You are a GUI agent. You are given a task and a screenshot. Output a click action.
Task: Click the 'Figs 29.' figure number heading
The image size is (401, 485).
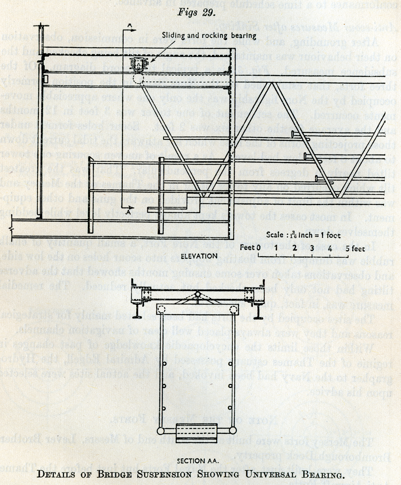(x=196, y=12)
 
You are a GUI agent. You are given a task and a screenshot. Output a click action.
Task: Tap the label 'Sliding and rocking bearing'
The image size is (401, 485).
(x=209, y=35)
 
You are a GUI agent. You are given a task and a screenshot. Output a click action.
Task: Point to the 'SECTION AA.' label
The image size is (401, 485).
(x=198, y=461)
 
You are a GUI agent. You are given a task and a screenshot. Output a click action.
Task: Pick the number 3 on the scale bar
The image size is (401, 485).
(x=312, y=248)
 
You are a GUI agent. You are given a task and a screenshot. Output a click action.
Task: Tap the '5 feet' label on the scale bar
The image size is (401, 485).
(x=355, y=248)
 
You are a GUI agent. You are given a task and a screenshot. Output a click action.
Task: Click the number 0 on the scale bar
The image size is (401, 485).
(x=258, y=248)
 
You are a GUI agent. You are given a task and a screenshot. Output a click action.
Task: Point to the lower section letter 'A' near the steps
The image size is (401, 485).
(x=128, y=212)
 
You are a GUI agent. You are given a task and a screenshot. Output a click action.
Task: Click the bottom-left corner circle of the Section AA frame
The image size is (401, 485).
(x=161, y=431)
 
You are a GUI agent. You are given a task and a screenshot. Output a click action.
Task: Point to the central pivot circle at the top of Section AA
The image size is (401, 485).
(x=197, y=294)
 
